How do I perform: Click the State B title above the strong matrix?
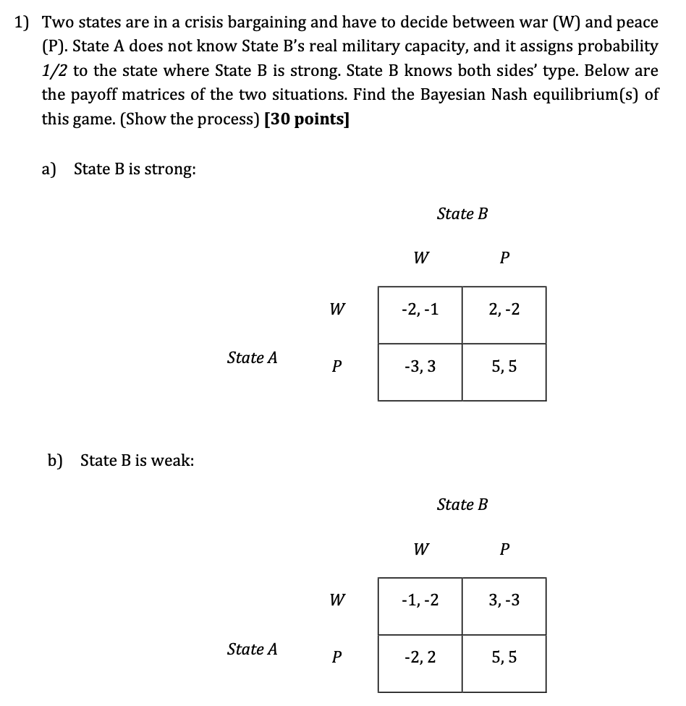462,214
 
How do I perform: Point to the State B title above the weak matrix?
462,505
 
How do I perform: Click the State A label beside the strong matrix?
252,357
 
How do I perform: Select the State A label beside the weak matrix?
252,649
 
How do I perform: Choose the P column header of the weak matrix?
504,550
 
